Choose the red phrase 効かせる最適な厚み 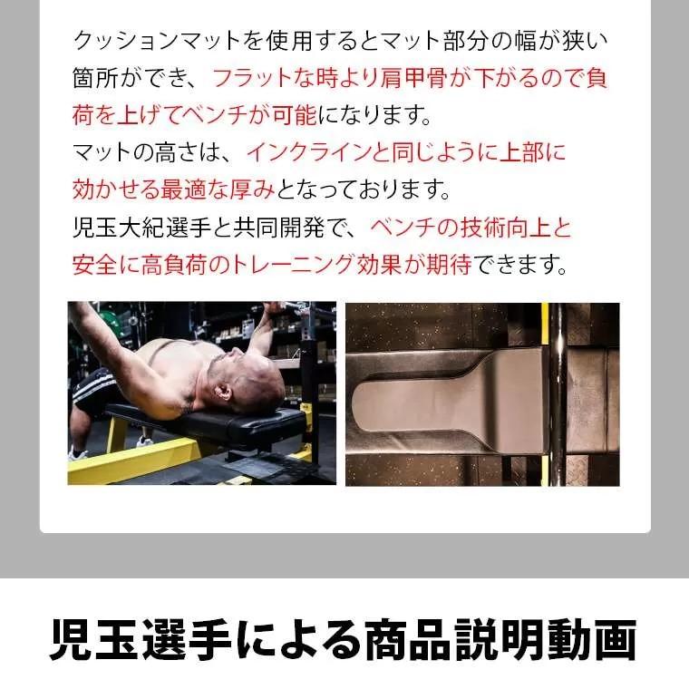173,190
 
